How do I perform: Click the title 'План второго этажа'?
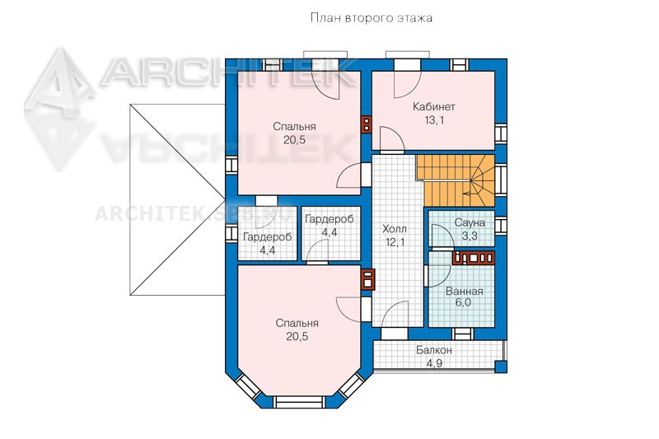(372, 18)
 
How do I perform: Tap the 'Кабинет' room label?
(434, 107)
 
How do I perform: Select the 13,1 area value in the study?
(434, 120)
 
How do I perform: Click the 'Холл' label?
(395, 229)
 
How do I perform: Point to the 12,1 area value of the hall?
(395, 242)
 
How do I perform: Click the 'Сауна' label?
(470, 222)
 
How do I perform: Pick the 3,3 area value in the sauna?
(470, 236)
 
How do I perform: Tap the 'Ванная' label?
(464, 291)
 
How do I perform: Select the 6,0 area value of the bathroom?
(463, 303)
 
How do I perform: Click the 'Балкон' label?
(434, 350)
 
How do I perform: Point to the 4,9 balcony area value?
(434, 363)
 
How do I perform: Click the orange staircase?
(456, 180)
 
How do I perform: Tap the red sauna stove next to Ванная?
(473, 258)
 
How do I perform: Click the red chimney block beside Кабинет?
(367, 124)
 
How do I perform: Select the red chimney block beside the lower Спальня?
(367, 280)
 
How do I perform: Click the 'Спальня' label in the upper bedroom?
(294, 127)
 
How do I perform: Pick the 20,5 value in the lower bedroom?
(297, 337)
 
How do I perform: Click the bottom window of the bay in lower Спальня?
(299, 402)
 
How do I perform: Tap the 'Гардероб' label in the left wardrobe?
(267, 237)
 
